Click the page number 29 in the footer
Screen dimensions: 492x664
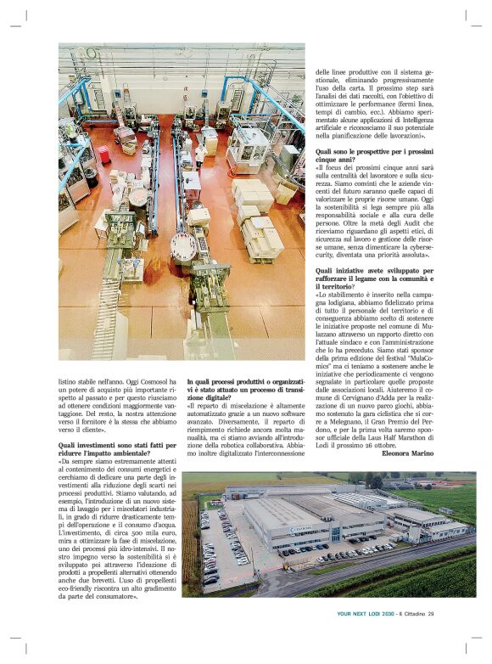coord(431,615)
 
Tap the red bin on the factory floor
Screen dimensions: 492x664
coord(103,155)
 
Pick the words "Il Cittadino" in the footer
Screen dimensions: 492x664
coord(415,615)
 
